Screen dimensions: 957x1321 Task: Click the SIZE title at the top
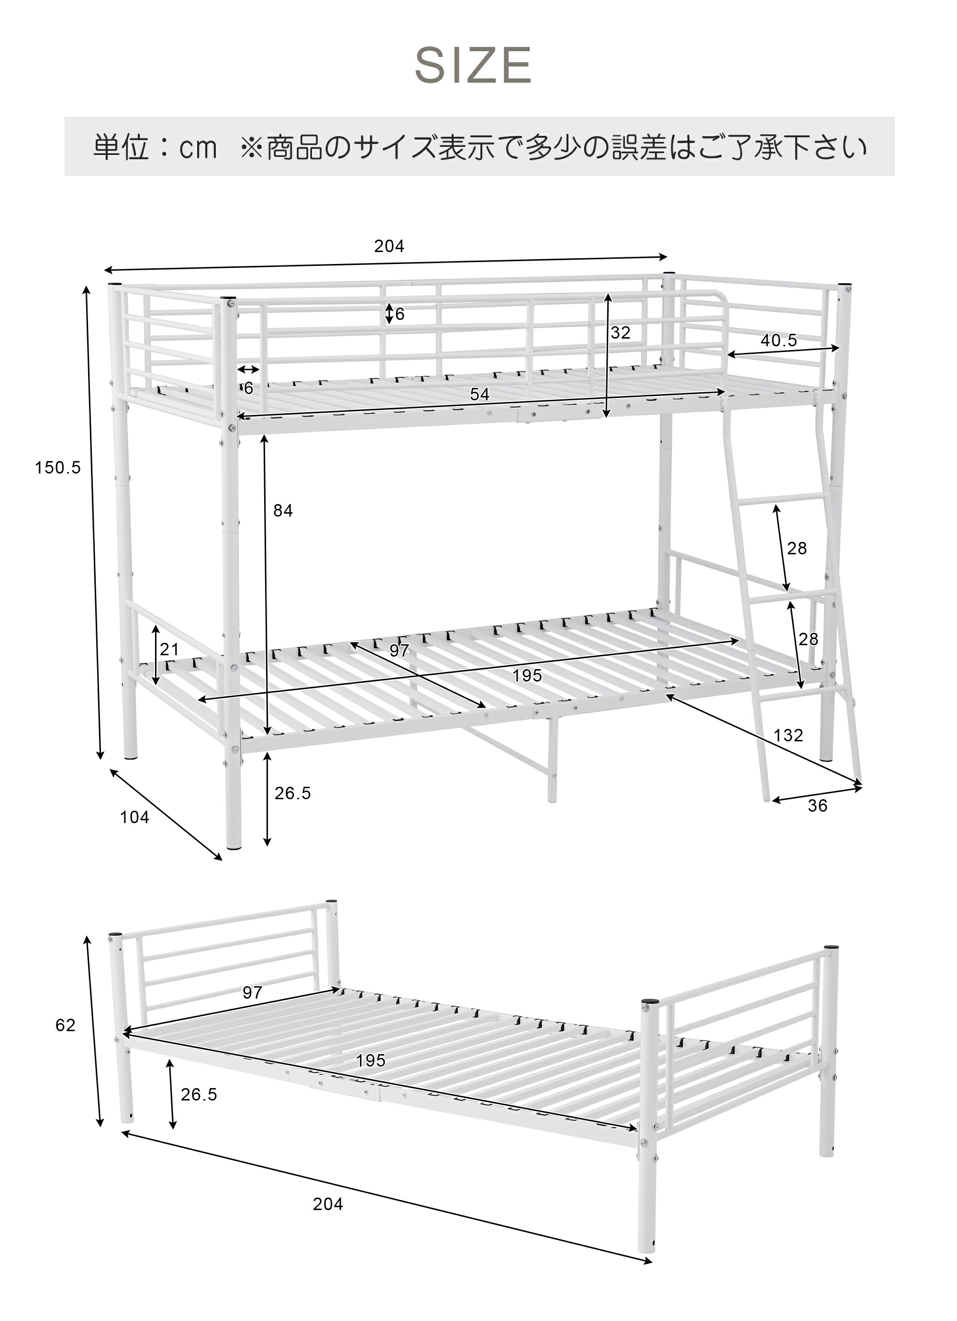coord(473,65)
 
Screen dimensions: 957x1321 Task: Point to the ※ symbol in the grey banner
coord(252,148)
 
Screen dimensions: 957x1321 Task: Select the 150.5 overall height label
coord(58,467)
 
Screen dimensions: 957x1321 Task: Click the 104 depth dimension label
coord(134,817)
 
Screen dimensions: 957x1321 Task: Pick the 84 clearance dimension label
coord(283,510)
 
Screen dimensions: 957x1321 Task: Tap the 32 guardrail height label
coord(620,332)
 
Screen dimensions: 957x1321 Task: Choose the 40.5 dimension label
coord(778,340)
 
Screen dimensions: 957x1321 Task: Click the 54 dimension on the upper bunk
coord(479,394)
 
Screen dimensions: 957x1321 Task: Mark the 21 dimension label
coord(169,649)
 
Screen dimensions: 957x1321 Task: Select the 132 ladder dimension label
coord(788,735)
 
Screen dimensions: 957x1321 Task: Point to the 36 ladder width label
coord(817,805)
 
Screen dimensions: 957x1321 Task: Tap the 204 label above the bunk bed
coord(389,246)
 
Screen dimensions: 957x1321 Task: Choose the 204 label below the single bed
coord(328,1204)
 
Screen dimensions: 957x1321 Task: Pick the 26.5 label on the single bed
coord(199,1094)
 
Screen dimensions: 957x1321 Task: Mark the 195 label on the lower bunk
coord(527,675)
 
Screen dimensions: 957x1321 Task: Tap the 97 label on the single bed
coord(252,992)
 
